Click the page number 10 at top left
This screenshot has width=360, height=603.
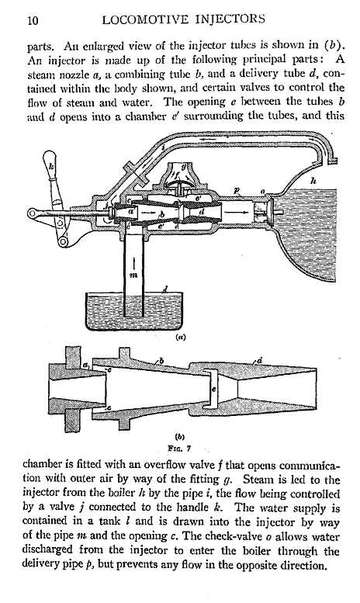pyautogui.click(x=33, y=20)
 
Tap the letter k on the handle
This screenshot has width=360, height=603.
pyautogui.click(x=51, y=166)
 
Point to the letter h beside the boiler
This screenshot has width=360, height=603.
pyautogui.click(x=313, y=179)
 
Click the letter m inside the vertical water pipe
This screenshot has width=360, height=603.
pyautogui.click(x=133, y=275)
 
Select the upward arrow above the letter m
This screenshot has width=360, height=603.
pyautogui.click(x=133, y=262)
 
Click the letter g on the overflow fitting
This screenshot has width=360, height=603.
pyautogui.click(x=185, y=167)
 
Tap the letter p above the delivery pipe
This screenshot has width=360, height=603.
pyautogui.click(x=237, y=191)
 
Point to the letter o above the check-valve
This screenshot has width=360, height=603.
pyautogui.click(x=262, y=191)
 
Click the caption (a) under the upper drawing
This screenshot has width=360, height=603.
pyautogui.click(x=180, y=338)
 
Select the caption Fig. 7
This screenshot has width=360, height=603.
pyautogui.click(x=180, y=448)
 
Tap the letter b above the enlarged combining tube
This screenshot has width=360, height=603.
pyautogui.click(x=162, y=361)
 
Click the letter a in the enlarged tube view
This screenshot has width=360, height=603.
pyautogui.click(x=85, y=364)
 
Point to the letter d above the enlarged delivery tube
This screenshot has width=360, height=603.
pyautogui.click(x=260, y=360)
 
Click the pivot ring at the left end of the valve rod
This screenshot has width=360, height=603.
pyautogui.click(x=33, y=213)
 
